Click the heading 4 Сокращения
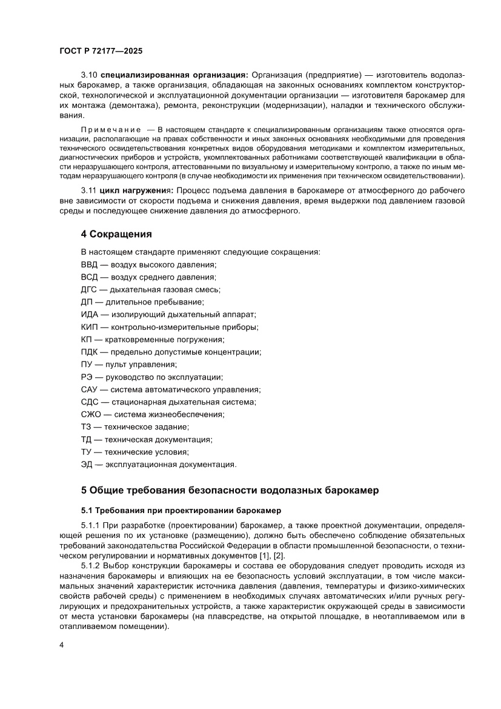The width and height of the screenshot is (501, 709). [116, 234]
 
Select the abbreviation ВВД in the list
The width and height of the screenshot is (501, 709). [89, 265]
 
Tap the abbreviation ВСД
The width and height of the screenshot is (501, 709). [89, 277]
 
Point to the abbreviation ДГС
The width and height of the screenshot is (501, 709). [88, 289]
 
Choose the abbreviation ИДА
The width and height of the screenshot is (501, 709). [89, 314]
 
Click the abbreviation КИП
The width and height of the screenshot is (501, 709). [88, 327]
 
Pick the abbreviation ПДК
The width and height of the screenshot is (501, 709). [89, 352]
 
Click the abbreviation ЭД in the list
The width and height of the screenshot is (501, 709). [87, 464]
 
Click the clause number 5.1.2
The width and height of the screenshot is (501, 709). [91, 565]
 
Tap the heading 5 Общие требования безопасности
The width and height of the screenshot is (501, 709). [230, 491]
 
